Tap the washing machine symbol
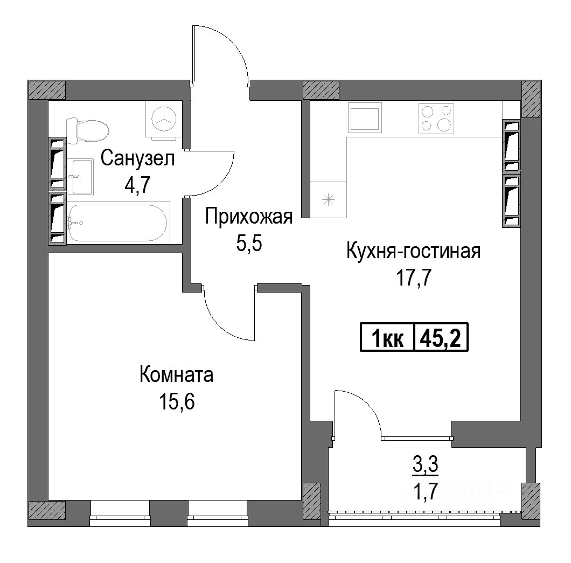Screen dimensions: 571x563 (x=164, y=119)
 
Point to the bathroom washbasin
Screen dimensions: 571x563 (x=81, y=176)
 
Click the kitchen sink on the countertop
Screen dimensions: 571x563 (x=365, y=117)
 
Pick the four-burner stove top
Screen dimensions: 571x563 (x=436, y=117)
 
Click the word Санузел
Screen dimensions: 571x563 (x=138, y=159)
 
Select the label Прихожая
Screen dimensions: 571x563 (x=249, y=217)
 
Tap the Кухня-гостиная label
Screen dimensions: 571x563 (x=414, y=251)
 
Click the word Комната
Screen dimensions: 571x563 (x=177, y=375)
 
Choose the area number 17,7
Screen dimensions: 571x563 (x=414, y=279)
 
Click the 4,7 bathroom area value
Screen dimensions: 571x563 (x=137, y=186)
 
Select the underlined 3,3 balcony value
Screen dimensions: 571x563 (x=426, y=467)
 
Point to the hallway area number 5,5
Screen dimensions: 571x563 (x=249, y=244)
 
